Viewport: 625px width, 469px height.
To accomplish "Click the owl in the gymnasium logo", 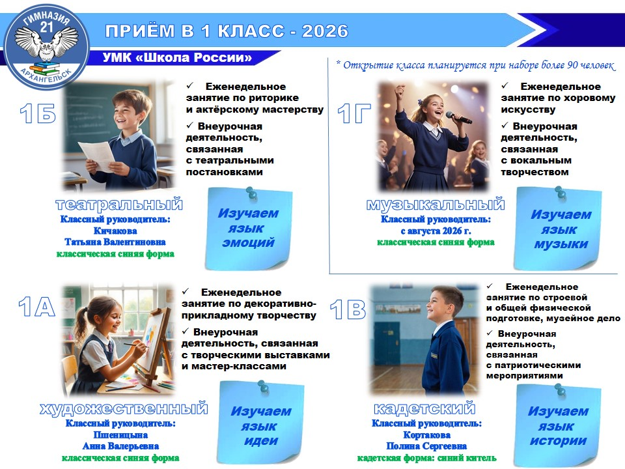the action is point(47,45).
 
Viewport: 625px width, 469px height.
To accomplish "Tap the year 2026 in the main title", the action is point(325,31).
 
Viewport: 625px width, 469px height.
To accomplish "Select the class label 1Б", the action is point(38,113).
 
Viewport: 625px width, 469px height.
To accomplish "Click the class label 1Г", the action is point(354,113).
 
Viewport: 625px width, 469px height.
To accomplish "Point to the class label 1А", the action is point(36,307).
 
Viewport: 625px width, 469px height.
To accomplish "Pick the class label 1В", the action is point(348,309).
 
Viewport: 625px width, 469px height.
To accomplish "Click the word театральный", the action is point(119,204).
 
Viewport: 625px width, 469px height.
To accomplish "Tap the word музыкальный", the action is point(436,204).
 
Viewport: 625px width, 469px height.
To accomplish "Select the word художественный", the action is point(124,409).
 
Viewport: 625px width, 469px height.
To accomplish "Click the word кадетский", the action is point(425,408).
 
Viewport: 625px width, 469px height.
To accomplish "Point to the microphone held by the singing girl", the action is point(458,117).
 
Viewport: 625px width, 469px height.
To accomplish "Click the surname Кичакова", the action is point(115,231).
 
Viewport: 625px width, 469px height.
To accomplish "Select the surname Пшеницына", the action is point(120,434).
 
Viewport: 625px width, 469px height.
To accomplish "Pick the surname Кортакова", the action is point(427,434).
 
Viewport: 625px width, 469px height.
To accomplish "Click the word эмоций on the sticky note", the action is point(248,242).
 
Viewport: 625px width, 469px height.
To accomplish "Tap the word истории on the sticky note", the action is point(558,441).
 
